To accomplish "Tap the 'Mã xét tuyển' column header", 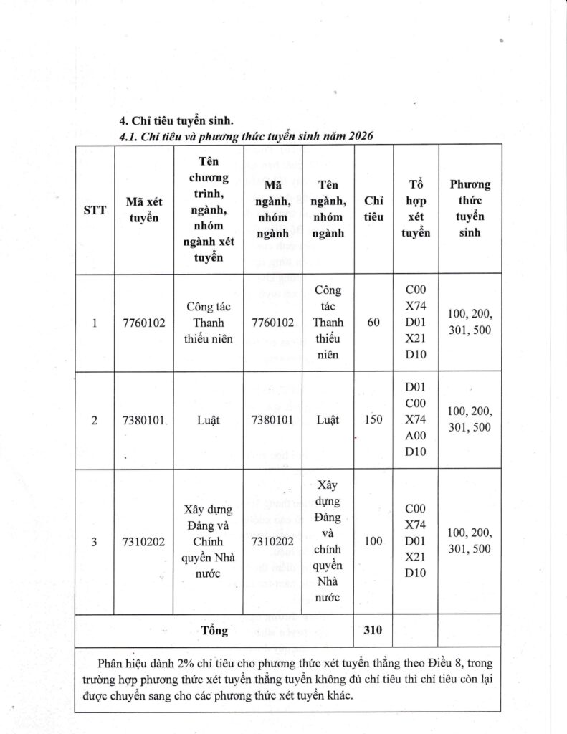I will (x=143, y=210).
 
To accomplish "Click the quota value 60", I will (x=373, y=323).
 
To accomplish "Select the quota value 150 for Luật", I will (x=373, y=420).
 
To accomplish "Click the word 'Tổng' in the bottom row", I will (x=215, y=631).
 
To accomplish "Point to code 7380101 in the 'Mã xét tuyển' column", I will (x=143, y=420).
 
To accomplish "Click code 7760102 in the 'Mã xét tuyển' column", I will (x=143, y=323).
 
